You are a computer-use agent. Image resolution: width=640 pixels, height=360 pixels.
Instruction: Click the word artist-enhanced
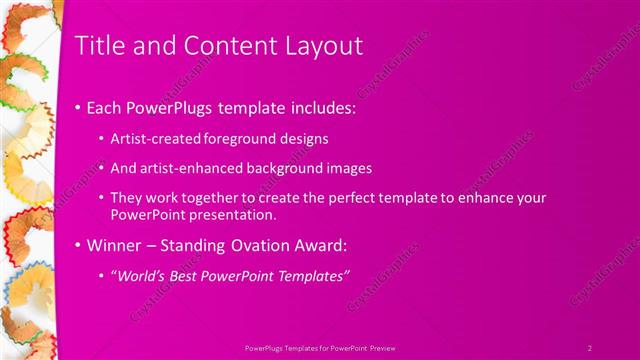[190, 168]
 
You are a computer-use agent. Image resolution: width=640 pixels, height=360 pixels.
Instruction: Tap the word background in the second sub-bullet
[292, 168]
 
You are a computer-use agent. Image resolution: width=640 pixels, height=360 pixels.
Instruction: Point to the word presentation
[240, 215]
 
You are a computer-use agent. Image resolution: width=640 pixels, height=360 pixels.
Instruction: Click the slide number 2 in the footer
[590, 347]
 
